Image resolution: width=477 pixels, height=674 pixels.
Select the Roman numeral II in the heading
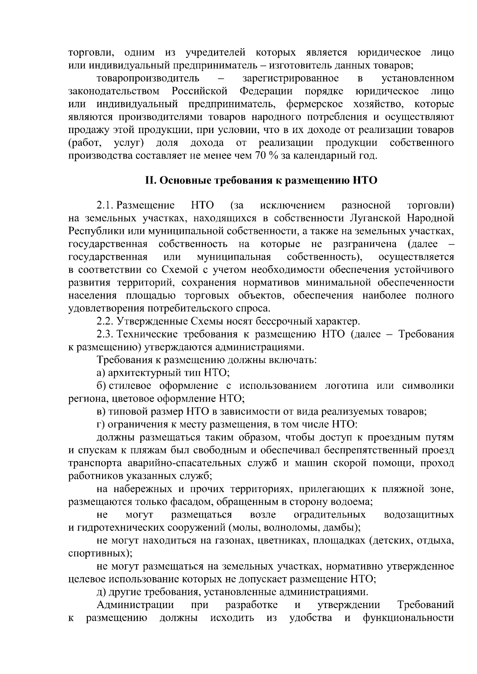pos(149,180)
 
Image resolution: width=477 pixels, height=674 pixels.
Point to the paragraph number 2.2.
pos(105,321)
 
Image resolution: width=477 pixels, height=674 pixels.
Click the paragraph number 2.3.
pos(105,334)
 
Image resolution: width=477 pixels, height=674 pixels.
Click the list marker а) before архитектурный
pos(101,373)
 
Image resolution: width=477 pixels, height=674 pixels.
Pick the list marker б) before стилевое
pos(101,386)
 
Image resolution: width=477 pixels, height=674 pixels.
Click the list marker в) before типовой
pos(101,411)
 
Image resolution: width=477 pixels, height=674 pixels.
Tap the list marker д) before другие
pos(101,592)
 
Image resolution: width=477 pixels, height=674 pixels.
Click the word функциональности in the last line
pos(408,618)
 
